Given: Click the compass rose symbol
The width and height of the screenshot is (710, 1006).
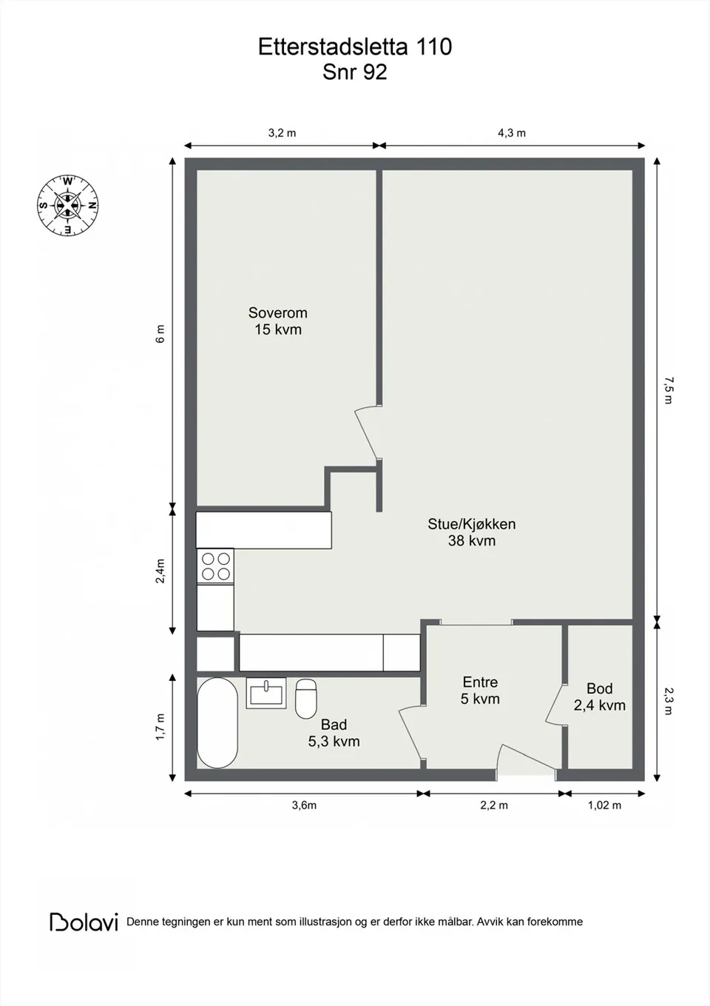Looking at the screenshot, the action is pos(67,206).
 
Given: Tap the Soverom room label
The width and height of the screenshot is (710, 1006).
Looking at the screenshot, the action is pos(278,312).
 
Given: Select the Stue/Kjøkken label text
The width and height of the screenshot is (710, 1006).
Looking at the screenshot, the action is pos(471,524).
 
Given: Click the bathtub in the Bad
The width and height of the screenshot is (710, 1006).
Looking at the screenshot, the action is pos(217,723).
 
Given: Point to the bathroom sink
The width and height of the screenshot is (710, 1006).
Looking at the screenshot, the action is pos(266,693).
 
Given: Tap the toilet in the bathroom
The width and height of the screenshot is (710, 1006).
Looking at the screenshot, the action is pos(306,699).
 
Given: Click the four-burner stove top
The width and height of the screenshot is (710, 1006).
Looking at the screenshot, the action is pos(215,566).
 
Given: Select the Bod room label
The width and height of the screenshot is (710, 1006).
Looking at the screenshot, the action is pos(599,688).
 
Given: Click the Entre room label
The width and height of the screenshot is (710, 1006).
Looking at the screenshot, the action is pos(480,683).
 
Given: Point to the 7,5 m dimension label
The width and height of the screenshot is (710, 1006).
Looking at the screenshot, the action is pos(669,390).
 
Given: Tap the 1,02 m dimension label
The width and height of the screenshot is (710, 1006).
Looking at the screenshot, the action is pos(604,805).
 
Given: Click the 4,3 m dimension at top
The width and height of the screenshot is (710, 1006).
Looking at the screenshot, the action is pos(512,133).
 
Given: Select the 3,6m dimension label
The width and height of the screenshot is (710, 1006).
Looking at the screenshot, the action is pos(304,805).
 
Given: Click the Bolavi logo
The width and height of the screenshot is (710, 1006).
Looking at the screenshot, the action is pos(84,922).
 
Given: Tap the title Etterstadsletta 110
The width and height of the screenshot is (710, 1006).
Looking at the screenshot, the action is pos(355,47).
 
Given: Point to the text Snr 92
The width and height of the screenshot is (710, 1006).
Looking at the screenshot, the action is pos(354,73).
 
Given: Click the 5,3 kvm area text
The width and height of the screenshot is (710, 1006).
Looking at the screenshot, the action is pos(334,742).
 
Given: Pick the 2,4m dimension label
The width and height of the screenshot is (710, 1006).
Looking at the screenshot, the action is pos(160,571).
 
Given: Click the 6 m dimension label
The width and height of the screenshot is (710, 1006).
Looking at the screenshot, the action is pos(160,334).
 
